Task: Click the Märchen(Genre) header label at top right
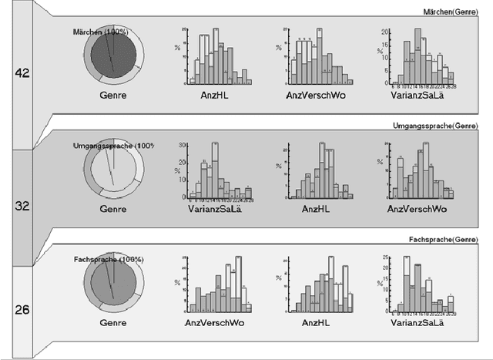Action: [460, 11]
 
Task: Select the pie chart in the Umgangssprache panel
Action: [113, 172]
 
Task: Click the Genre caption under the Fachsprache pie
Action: [114, 325]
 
